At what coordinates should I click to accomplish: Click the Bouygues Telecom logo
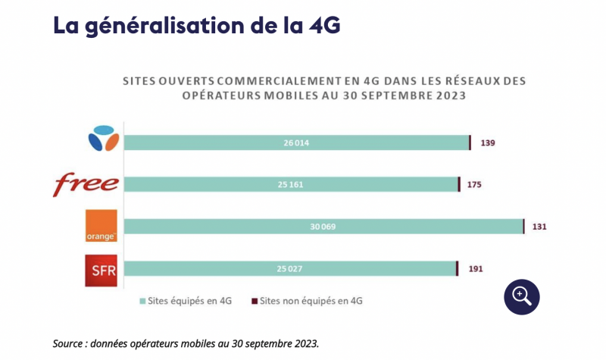(x=103, y=141)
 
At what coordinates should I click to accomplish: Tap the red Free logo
(x=86, y=184)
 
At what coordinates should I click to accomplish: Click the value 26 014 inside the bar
(x=296, y=142)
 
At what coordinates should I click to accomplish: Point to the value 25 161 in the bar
(x=291, y=184)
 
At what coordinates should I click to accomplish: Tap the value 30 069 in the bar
(x=323, y=227)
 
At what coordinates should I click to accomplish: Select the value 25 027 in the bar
(x=290, y=268)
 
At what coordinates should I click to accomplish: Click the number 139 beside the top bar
(x=488, y=142)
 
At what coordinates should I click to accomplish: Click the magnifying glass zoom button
(x=522, y=296)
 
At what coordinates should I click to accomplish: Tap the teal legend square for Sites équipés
(x=142, y=301)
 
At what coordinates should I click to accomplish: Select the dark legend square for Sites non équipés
(x=254, y=301)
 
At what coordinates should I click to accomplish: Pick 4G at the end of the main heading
(x=324, y=24)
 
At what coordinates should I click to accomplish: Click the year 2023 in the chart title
(x=448, y=96)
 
